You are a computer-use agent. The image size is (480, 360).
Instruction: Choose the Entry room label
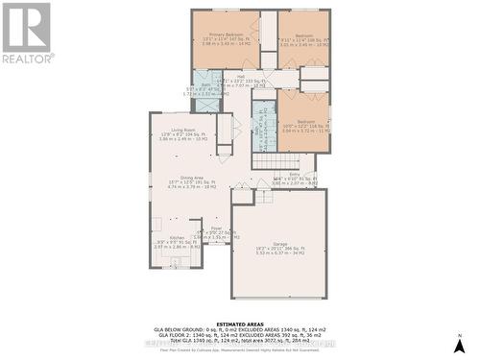pos(294,174)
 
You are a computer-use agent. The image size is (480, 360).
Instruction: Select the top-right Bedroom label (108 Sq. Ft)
pos(303,34)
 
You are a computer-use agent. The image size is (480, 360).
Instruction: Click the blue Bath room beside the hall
pos(206,91)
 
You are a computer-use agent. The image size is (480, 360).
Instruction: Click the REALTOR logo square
pos(27,27)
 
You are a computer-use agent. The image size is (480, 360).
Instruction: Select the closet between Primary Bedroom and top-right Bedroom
pos(268,38)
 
